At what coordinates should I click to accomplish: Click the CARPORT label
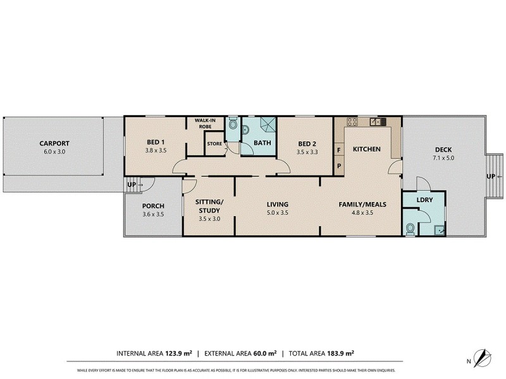point(54,143)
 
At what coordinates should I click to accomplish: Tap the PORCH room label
point(153,206)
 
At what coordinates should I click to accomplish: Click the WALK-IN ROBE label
point(206,123)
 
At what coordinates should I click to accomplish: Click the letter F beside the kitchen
point(338,150)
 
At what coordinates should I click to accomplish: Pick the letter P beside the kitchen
point(338,166)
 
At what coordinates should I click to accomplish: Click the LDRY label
point(424,200)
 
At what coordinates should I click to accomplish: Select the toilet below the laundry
point(410,227)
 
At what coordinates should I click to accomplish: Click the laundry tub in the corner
point(438,229)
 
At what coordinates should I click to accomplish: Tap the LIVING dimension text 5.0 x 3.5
point(277,213)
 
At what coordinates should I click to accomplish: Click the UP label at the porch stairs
point(132,184)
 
